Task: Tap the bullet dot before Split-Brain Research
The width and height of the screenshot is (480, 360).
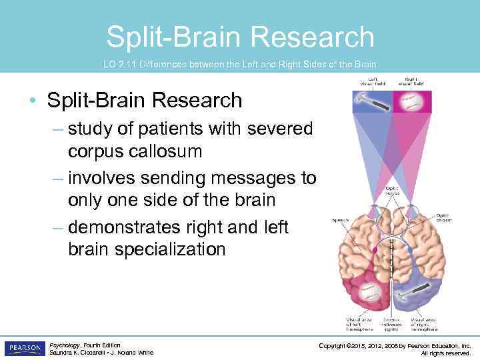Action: [x=32, y=101]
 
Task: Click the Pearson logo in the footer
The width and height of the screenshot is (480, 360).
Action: [x=25, y=348]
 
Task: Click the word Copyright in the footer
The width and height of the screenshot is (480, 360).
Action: [x=337, y=345]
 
